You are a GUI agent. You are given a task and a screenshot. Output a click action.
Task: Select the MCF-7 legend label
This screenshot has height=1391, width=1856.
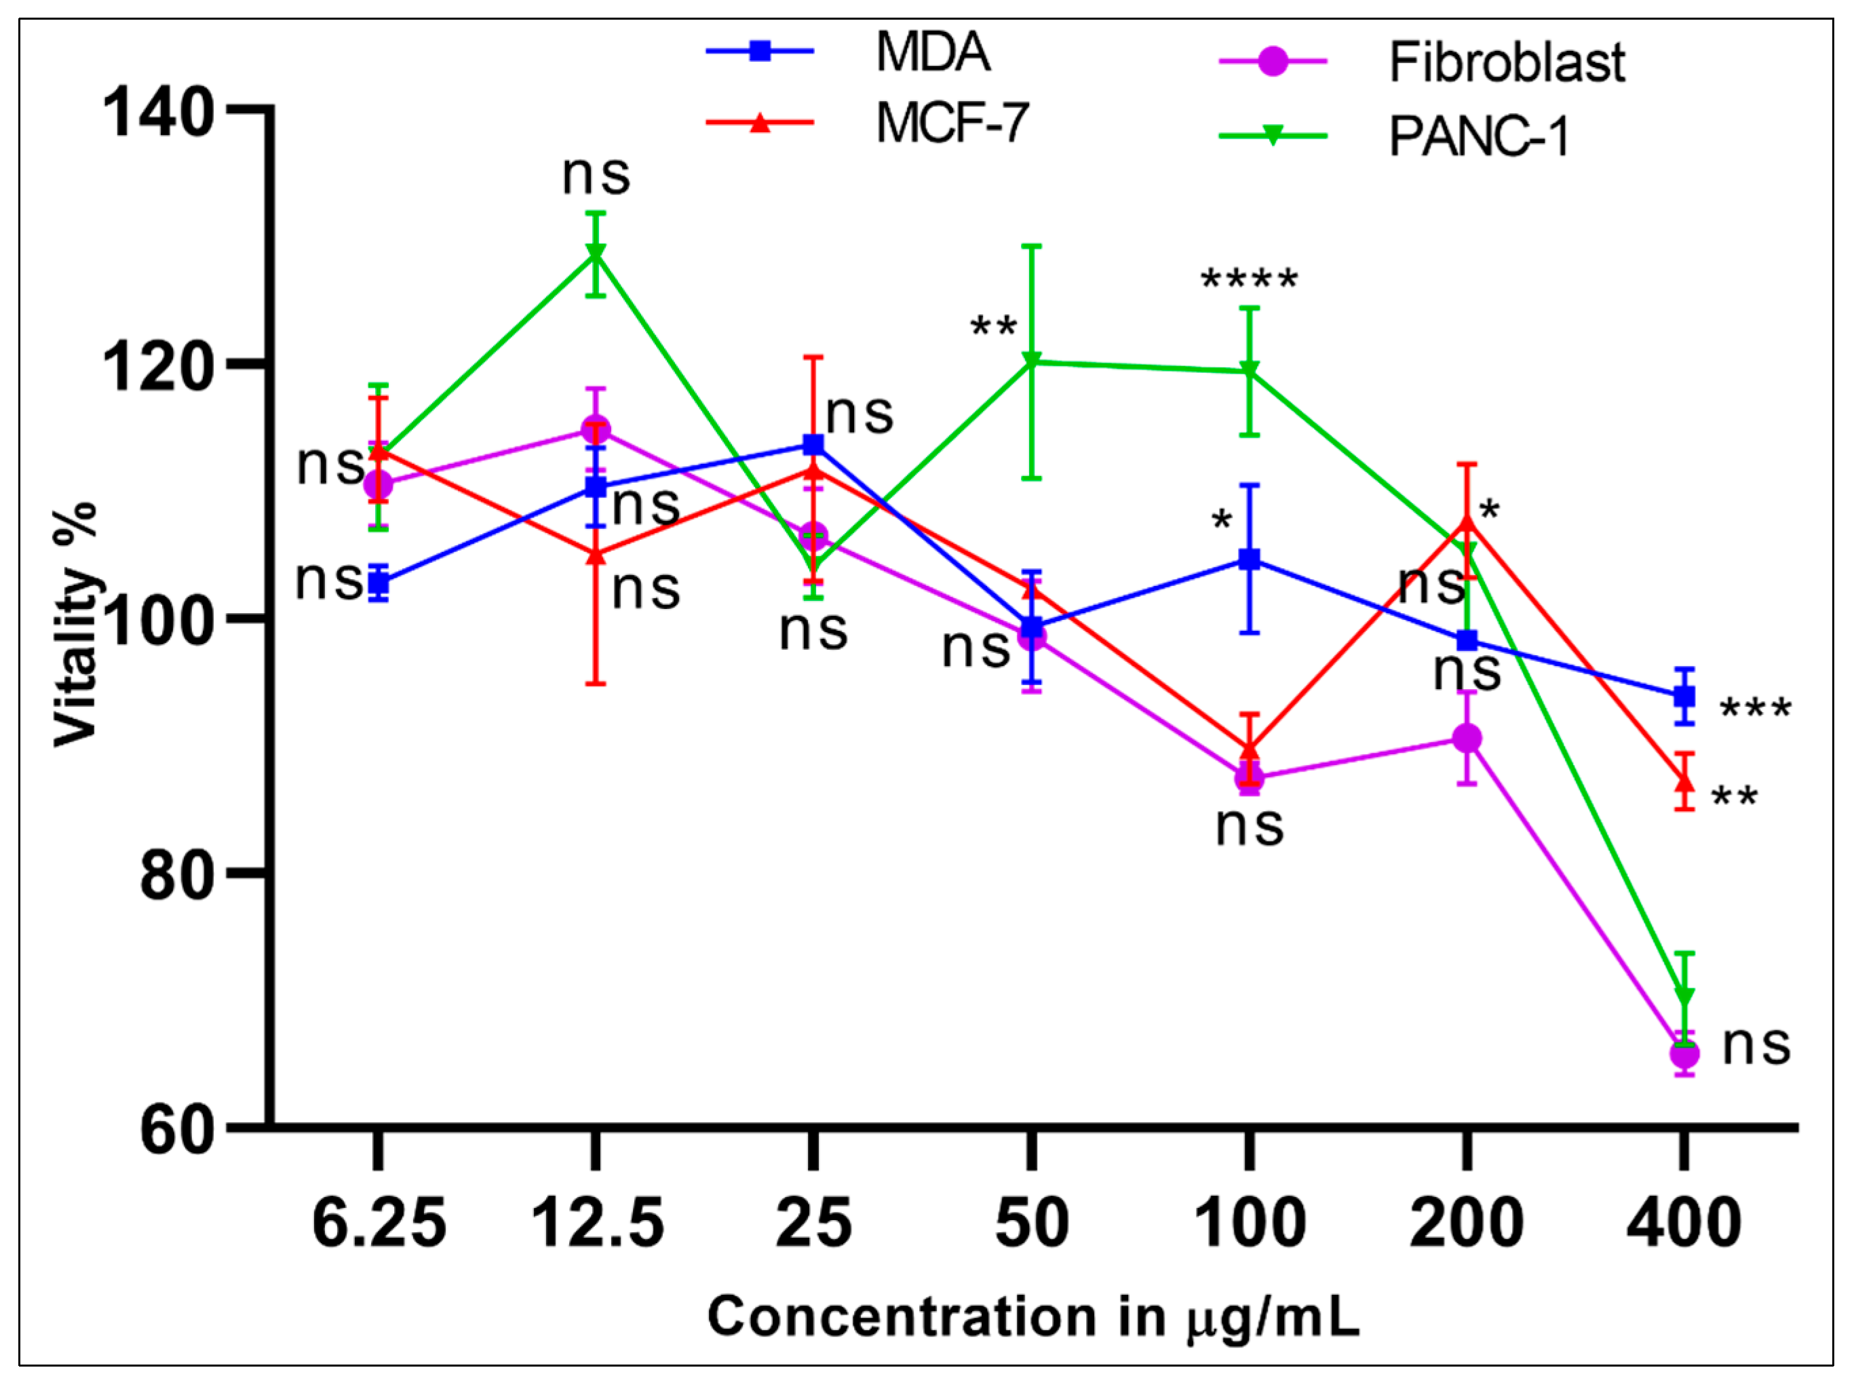[x=952, y=123]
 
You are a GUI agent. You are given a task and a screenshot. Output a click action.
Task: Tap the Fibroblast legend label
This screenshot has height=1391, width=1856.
[x=1507, y=62]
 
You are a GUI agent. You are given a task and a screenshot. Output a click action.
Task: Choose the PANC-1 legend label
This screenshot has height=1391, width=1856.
[x=1478, y=135]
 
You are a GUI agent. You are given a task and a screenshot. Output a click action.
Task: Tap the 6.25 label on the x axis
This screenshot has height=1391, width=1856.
[x=379, y=1224]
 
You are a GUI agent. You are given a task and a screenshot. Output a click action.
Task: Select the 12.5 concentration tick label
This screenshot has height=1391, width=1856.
[x=598, y=1224]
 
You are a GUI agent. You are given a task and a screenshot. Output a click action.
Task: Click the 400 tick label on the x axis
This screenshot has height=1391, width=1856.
[x=1683, y=1224]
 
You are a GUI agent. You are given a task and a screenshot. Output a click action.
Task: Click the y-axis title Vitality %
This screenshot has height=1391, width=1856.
[x=75, y=623]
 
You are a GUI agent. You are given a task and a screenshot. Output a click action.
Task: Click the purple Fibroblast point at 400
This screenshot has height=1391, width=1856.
[x=1683, y=1053]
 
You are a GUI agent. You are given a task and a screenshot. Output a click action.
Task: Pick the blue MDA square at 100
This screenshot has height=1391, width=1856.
[x=1250, y=559]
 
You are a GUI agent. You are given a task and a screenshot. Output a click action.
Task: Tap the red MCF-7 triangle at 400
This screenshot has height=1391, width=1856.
[x=1683, y=781]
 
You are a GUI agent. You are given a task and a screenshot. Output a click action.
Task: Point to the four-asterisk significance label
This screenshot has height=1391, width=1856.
[x=1250, y=279]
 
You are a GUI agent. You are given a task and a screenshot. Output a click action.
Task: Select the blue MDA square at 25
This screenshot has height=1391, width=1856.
[x=813, y=445]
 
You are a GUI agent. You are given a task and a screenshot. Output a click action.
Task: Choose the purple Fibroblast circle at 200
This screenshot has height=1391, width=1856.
[x=1467, y=739]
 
